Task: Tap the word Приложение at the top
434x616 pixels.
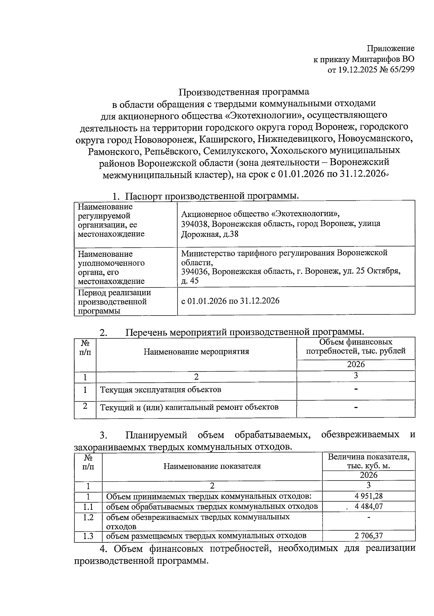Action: (391, 48)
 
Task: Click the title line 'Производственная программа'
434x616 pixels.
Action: (244, 92)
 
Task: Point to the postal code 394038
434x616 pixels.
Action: (195, 224)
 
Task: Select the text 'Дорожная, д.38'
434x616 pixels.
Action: (210, 234)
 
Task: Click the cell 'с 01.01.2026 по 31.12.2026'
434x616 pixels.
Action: (230, 301)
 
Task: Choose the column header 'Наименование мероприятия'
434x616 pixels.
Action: (196, 352)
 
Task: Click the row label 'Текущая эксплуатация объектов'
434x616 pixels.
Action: (161, 390)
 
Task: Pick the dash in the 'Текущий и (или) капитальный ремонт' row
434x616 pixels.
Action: (356, 408)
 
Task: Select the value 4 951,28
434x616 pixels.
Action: (369, 496)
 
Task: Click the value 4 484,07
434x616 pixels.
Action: (369, 507)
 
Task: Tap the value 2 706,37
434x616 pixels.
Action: (369, 536)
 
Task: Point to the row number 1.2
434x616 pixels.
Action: (88, 517)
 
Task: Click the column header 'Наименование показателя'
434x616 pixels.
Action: (212, 466)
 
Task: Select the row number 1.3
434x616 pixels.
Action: (88, 536)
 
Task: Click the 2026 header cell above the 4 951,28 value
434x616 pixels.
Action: (369, 475)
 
